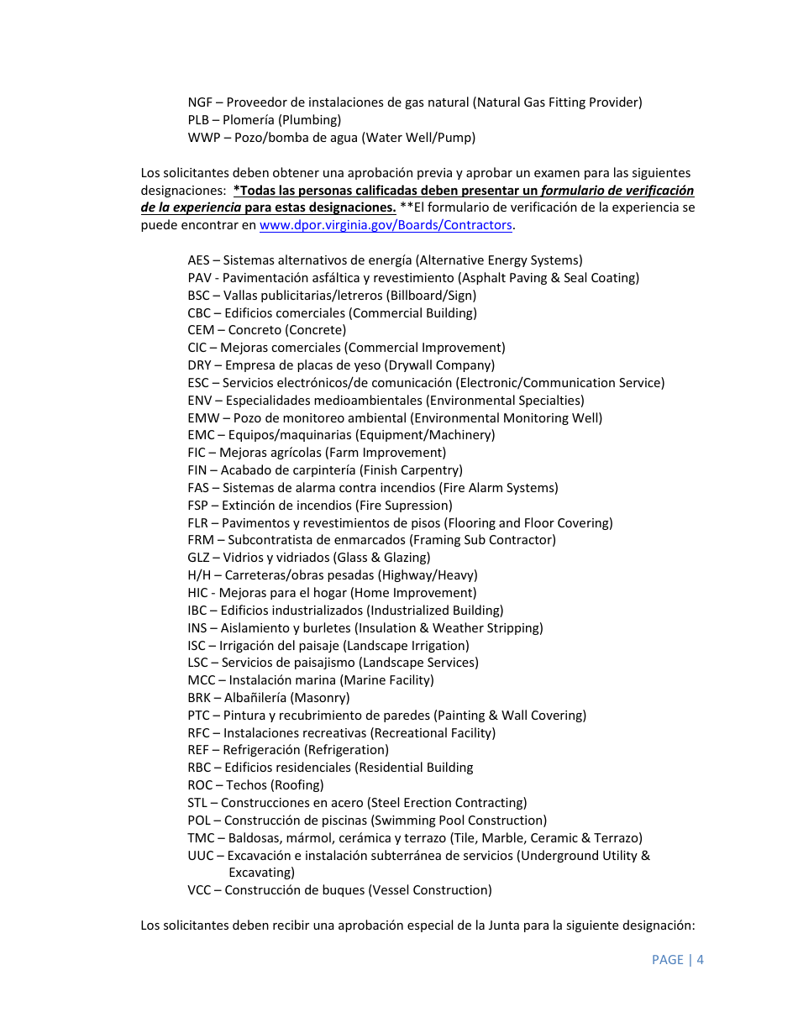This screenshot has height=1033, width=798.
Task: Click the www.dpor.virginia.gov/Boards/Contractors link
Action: [x=386, y=225]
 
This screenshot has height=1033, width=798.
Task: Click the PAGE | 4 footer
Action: [x=677, y=959]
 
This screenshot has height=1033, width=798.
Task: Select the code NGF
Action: [x=200, y=102]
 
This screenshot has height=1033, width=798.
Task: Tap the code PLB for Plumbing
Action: [x=199, y=120]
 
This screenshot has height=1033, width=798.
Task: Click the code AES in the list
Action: [x=199, y=260]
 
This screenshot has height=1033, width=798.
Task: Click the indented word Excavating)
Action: [x=261, y=873]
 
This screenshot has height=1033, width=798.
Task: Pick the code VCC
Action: [x=200, y=890]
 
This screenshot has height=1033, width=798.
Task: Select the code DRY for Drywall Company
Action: [x=200, y=365]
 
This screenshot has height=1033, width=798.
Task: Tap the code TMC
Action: [x=202, y=838]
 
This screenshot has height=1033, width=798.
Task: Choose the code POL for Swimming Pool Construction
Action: [x=200, y=821]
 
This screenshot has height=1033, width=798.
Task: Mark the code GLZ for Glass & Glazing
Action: [x=199, y=558]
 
